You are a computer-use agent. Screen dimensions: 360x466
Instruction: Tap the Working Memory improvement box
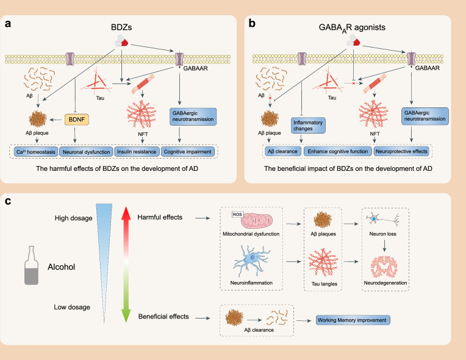pyautogui.click(x=353, y=319)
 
